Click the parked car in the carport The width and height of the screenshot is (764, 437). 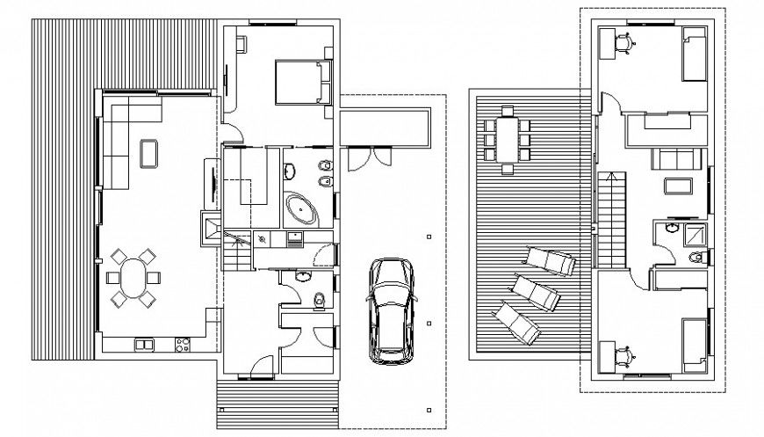pyautogui.click(x=390, y=310)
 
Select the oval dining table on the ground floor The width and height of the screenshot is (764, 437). pyautogui.click(x=134, y=278)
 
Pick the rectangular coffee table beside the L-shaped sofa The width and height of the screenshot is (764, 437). pyautogui.click(x=148, y=152)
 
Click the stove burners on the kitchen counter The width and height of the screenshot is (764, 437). pyautogui.click(x=184, y=343)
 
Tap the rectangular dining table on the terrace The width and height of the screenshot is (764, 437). pyautogui.click(x=507, y=138)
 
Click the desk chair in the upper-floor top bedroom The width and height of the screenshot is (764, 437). pyautogui.click(x=623, y=40)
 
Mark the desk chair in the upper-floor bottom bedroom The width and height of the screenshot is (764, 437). pyautogui.click(x=623, y=353)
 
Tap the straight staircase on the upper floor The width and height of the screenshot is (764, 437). pyautogui.click(x=611, y=220)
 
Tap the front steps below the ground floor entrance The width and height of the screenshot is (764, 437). pyautogui.click(x=276, y=400)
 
